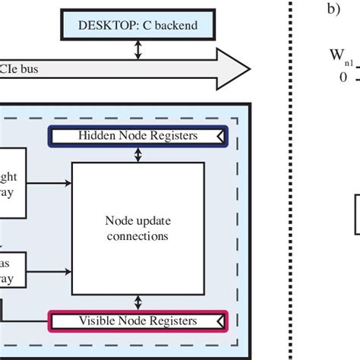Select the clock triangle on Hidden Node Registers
[220, 135]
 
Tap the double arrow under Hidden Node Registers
[137, 154]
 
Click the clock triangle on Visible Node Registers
[220, 321]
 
